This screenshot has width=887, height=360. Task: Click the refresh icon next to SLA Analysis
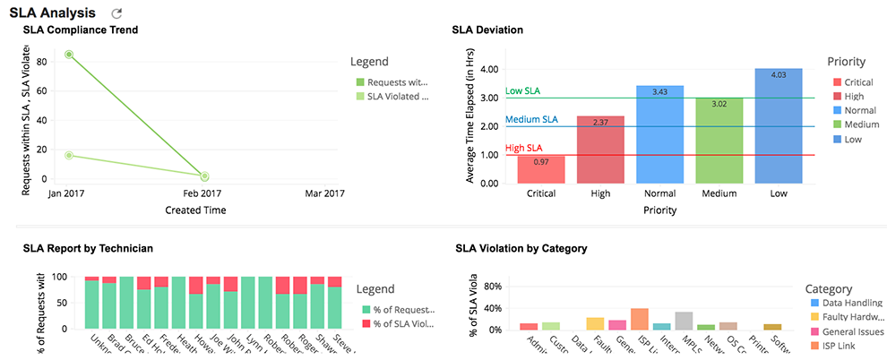pyautogui.click(x=116, y=13)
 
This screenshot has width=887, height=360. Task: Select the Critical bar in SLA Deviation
pyautogui.click(x=541, y=170)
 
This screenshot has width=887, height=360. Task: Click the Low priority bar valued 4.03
pyautogui.click(x=778, y=126)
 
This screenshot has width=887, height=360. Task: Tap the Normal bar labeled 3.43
pyautogui.click(x=659, y=134)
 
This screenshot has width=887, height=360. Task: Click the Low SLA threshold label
pyautogui.click(x=522, y=91)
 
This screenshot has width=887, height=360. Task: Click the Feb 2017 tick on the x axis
pyautogui.click(x=203, y=193)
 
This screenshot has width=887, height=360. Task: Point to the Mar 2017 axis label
pyautogui.click(x=324, y=193)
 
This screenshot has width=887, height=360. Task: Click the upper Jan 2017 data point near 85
pyautogui.click(x=69, y=55)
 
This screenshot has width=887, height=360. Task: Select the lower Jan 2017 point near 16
pyautogui.click(x=69, y=156)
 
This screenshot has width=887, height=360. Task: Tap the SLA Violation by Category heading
pyautogui.click(x=521, y=248)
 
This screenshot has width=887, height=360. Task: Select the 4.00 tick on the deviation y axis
pyautogui.click(x=488, y=69)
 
